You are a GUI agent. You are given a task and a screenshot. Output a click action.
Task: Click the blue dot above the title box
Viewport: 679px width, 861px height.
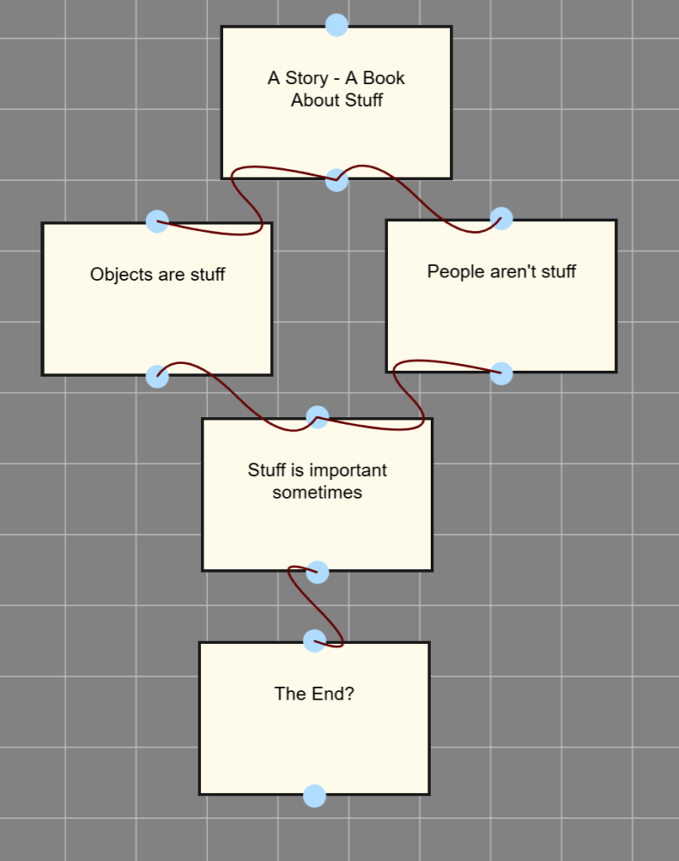[x=337, y=25]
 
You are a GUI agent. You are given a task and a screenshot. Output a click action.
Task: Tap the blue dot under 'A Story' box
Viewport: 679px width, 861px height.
[x=337, y=180]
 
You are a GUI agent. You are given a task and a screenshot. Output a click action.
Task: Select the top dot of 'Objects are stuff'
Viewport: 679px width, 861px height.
[x=157, y=221]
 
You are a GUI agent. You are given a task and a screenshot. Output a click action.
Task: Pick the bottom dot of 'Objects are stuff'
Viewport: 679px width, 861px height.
[x=157, y=376]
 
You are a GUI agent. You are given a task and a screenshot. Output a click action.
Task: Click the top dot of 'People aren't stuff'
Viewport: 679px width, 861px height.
[x=501, y=219]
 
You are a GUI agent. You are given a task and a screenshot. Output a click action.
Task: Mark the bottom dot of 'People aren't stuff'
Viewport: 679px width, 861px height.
[x=501, y=373]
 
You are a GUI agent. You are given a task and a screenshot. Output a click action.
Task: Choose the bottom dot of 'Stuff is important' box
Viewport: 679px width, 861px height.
[x=317, y=573]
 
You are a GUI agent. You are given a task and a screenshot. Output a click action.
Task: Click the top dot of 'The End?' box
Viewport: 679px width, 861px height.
[x=314, y=641]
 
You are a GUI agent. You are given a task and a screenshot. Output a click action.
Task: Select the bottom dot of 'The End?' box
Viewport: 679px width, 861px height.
[x=314, y=795]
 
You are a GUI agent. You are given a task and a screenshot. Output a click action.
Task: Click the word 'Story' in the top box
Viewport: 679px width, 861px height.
[x=306, y=78]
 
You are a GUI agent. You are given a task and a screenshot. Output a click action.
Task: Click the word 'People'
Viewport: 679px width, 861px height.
[x=452, y=272]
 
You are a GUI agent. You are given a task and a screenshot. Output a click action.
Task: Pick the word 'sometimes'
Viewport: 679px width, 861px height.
[x=317, y=493]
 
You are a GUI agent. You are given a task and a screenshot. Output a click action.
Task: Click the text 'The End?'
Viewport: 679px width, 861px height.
[x=314, y=694]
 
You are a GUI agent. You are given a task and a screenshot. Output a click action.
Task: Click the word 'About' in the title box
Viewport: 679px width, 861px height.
[x=313, y=101]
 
